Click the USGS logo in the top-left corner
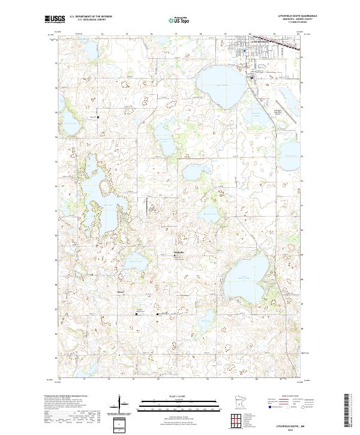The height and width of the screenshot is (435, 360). pyautogui.click(x=56, y=20)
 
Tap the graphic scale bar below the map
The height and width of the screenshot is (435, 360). pyautogui.click(x=179, y=400)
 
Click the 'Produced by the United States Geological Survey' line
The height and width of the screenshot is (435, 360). pyautogui.click(x=65, y=396)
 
